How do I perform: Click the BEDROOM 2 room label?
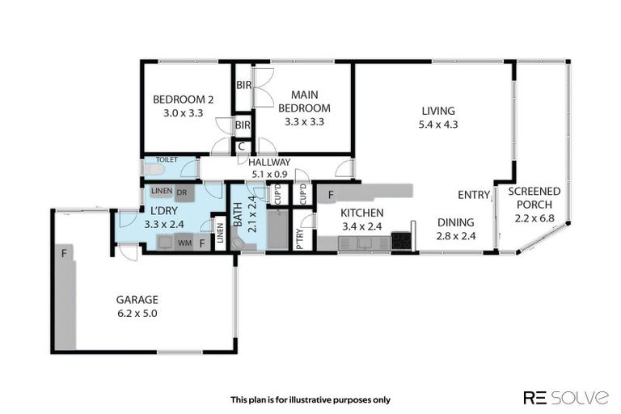(184, 100)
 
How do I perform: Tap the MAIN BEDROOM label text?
(304, 101)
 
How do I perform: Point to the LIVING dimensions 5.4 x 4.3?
(438, 125)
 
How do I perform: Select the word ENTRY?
(474, 195)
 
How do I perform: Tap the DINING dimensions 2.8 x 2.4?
(455, 235)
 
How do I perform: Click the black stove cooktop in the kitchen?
(401, 241)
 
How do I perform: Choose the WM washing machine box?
(184, 242)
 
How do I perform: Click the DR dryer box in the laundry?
(181, 192)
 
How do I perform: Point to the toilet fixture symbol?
(152, 171)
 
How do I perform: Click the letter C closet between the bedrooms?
(242, 147)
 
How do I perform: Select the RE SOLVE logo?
(565, 396)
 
